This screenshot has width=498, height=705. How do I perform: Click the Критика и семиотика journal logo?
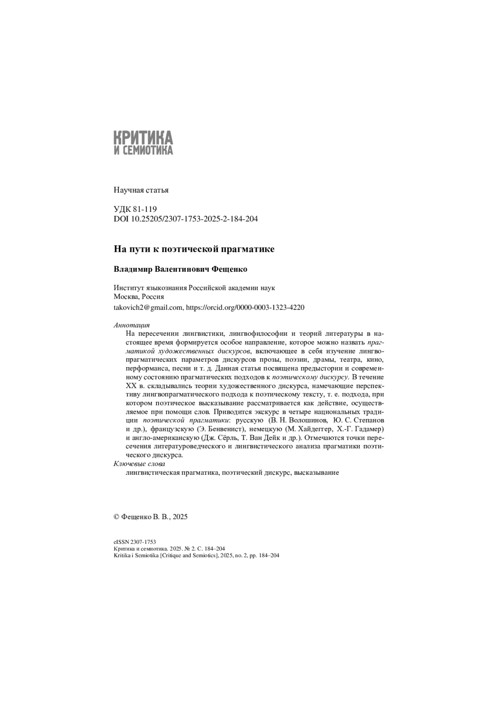tap(143, 142)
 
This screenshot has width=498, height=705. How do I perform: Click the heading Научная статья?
tap(141, 190)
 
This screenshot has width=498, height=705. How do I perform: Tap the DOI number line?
tap(186, 219)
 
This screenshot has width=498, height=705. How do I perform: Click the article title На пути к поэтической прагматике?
tap(194, 249)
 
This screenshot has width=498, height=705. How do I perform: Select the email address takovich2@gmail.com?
tap(148, 307)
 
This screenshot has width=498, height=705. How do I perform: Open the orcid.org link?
tap(245, 307)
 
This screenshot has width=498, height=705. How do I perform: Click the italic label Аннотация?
tap(132, 325)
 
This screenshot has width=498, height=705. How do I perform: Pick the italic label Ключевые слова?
tap(139, 464)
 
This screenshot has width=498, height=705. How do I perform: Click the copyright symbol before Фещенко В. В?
tap(117, 517)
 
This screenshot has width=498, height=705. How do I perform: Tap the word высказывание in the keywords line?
tap(317, 473)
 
